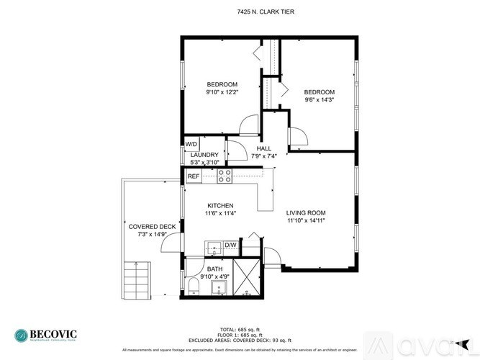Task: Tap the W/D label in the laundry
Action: tap(191, 144)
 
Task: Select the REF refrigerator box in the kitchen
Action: tap(193, 176)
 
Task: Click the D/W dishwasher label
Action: tap(230, 246)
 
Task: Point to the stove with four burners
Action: tap(225, 176)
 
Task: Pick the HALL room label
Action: tap(264, 148)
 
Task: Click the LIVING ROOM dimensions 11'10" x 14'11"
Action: tap(306, 221)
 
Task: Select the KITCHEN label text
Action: tap(221, 206)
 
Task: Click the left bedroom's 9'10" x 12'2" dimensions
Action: tap(222, 92)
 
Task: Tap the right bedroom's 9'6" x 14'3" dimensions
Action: tap(319, 100)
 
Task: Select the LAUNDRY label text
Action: tap(204, 155)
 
